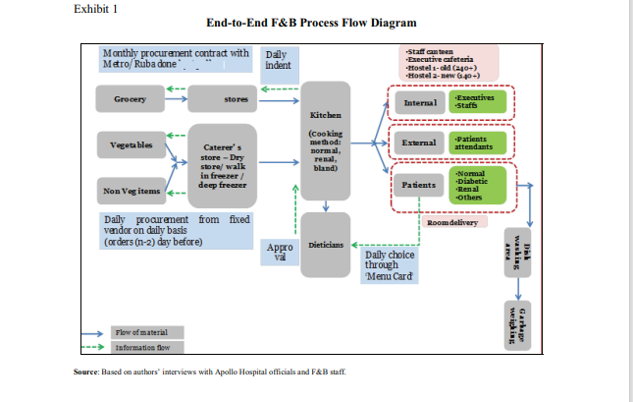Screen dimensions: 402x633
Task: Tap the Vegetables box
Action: [x=130, y=144]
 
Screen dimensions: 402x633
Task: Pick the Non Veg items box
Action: [x=130, y=190]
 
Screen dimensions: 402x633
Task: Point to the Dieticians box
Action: [x=324, y=242]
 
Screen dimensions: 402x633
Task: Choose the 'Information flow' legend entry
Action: [x=141, y=347]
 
